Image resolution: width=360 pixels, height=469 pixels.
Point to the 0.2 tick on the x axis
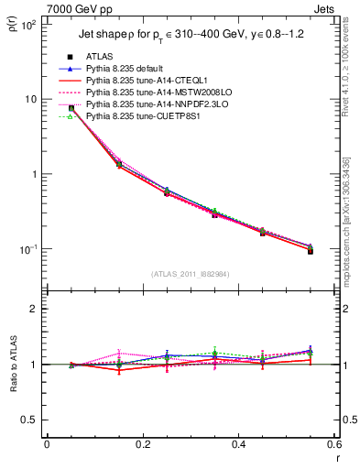coord(142,445)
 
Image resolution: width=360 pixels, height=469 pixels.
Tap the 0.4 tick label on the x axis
coord(238,445)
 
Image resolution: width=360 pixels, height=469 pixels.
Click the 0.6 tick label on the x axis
coord(334,445)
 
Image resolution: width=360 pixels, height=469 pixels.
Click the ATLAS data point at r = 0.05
coord(71,108)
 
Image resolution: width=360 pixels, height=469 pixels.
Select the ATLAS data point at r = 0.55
coord(311,250)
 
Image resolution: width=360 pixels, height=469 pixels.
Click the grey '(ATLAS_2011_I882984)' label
coord(191,273)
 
